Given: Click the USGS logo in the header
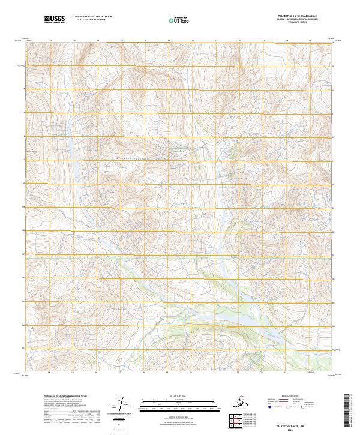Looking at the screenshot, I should [x=53, y=20].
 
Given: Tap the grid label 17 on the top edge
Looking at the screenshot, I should [x=121, y=40].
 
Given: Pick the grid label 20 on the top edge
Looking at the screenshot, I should [x=192, y=40].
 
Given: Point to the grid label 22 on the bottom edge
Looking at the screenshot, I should [x=239, y=373].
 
